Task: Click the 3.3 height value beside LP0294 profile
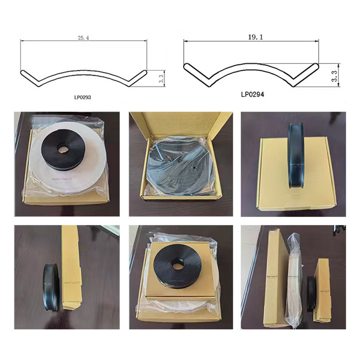pyautogui.click(x=334, y=75)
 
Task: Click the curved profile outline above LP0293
pyautogui.click(x=83, y=76)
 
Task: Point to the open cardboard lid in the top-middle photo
pyautogui.click(x=180, y=124)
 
